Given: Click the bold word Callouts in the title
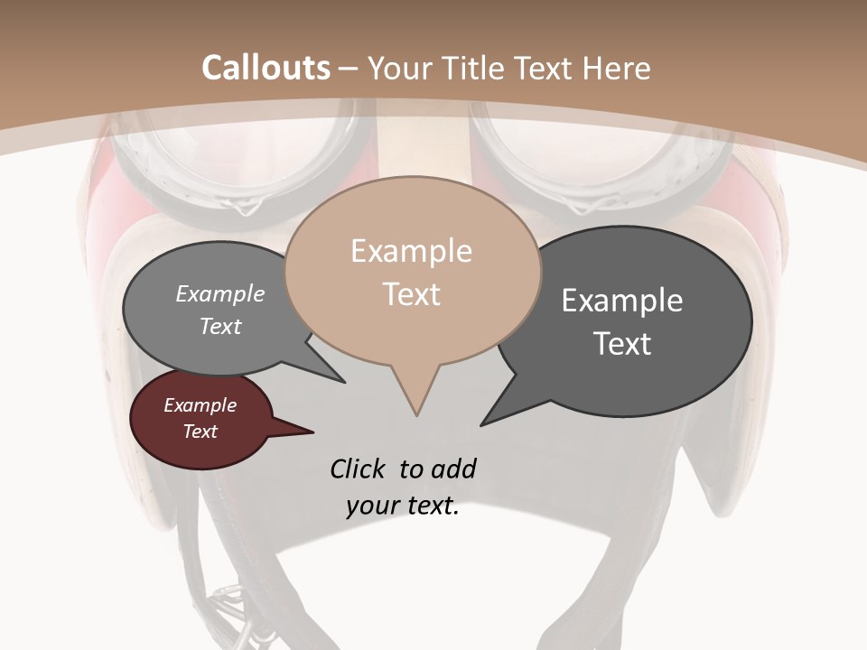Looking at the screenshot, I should [x=266, y=69].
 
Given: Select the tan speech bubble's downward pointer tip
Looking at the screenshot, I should [x=416, y=414].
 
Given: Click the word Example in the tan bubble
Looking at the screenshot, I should [x=411, y=251].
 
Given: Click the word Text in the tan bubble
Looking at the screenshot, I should [x=411, y=294].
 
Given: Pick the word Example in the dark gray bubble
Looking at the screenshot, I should [x=622, y=300].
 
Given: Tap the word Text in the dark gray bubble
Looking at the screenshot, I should [x=622, y=343].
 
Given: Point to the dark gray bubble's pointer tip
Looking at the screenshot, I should [x=482, y=424].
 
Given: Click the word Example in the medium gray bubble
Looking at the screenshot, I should [x=220, y=293].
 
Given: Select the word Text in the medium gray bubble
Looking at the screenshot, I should [x=220, y=326].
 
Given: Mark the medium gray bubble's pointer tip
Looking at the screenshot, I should [x=344, y=382].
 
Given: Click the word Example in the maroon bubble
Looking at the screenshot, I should [x=200, y=405].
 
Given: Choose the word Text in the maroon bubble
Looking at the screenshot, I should [x=200, y=432].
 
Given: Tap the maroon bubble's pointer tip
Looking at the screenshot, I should [x=313, y=432].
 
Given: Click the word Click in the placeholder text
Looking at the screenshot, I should [x=359, y=469].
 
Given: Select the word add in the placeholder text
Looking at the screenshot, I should [x=452, y=469].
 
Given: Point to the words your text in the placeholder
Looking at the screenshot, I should [x=403, y=506].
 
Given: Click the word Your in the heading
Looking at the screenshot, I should [x=398, y=69].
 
